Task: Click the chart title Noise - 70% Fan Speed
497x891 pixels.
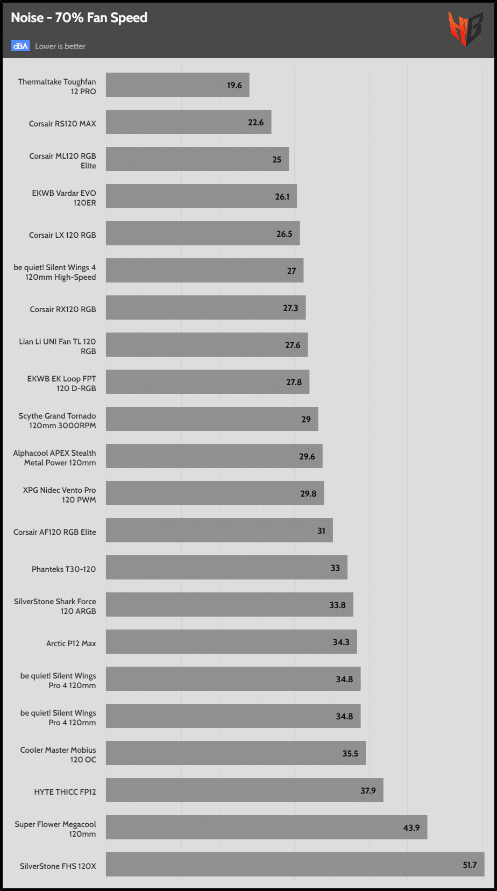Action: tap(79, 18)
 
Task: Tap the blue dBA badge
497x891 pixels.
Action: tap(20, 46)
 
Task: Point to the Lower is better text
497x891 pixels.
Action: tap(60, 46)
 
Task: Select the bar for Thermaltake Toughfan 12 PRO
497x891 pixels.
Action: tap(177, 85)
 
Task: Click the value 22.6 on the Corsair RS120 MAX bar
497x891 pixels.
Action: tap(255, 123)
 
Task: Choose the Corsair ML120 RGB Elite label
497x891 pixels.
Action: tap(63, 161)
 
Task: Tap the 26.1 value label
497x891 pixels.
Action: tap(282, 197)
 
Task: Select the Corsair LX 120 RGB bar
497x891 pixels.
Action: tap(203, 234)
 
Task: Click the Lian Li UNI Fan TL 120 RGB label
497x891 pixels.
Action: tap(58, 346)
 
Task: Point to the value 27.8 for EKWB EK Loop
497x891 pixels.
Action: tap(294, 383)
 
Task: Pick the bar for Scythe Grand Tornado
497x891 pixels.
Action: tap(212, 419)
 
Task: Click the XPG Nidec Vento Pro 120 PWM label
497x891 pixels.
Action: tap(60, 495)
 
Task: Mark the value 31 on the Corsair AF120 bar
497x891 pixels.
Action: tap(321, 531)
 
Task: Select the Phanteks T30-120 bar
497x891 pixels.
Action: tap(226, 568)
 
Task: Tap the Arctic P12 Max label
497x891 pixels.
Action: tap(71, 643)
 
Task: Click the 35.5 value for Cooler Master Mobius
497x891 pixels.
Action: tap(350, 754)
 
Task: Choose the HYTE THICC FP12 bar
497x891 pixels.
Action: tap(244, 790)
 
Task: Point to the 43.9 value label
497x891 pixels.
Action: tap(411, 828)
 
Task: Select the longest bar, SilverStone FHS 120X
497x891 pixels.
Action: tap(295, 865)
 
